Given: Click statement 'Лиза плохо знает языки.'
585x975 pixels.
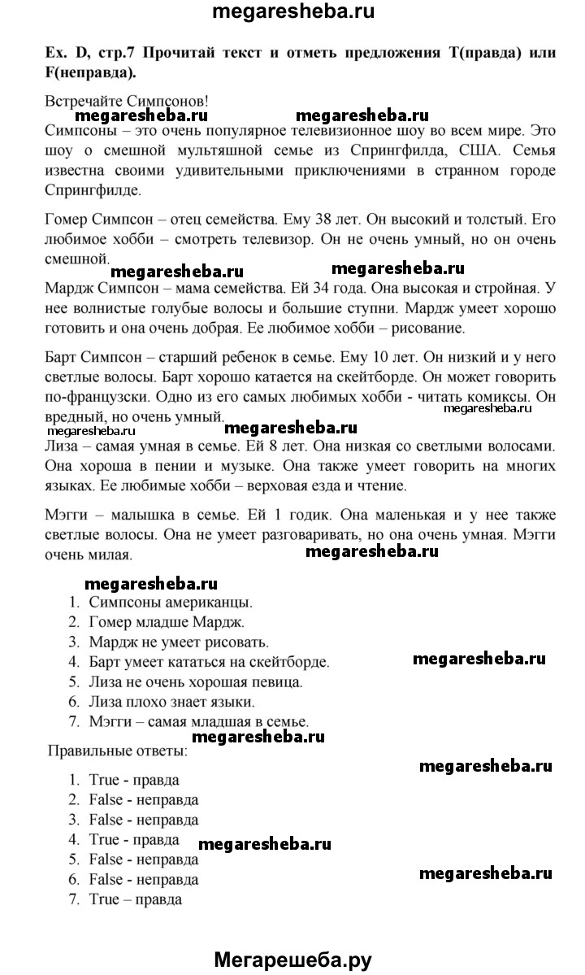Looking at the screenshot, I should coord(172,701).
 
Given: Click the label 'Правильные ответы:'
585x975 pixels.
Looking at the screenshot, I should coord(119,751).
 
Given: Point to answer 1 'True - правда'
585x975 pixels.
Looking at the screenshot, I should coord(133,780).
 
